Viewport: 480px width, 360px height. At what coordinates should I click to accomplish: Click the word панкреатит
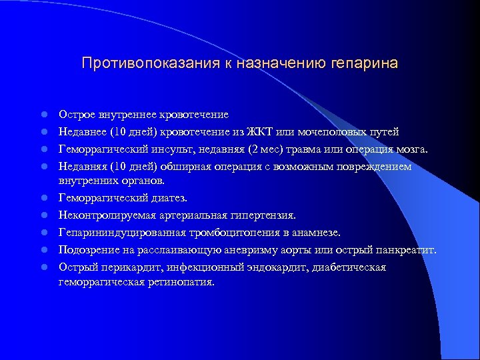point(405,250)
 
